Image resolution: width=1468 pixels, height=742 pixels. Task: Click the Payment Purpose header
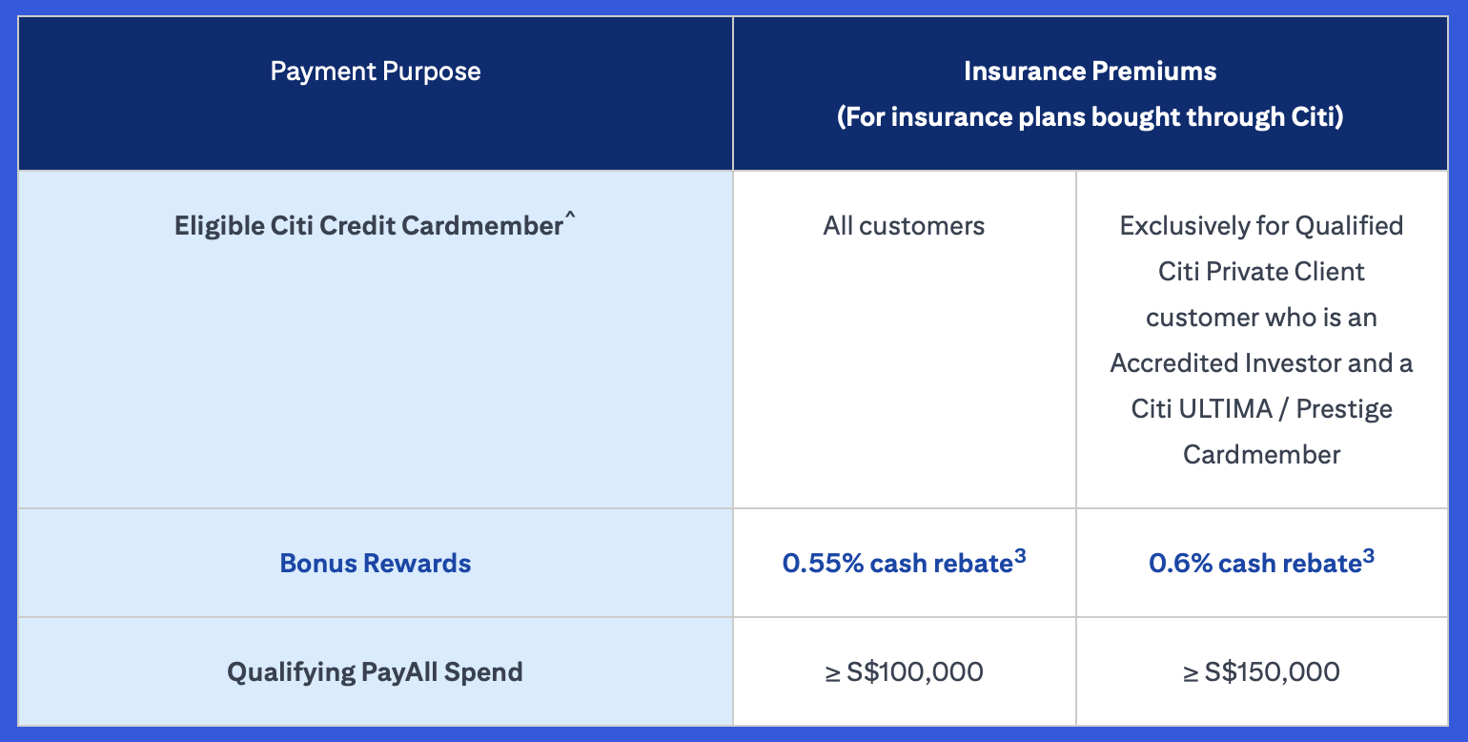[x=376, y=72]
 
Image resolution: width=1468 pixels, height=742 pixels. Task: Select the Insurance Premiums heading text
[x=1090, y=72]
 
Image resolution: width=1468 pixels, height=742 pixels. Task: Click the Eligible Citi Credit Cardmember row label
[x=375, y=225]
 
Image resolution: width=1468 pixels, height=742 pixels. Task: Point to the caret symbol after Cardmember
[x=569, y=215]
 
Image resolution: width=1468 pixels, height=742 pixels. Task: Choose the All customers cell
[x=904, y=226]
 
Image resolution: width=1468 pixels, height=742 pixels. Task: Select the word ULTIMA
[x=1225, y=409]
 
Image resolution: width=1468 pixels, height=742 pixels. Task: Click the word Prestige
[x=1344, y=410]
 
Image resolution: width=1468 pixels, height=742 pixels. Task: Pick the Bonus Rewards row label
[x=376, y=564]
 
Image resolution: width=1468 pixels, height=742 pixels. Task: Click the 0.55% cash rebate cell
[x=904, y=562]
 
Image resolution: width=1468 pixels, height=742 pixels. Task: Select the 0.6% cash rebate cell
[x=1261, y=562]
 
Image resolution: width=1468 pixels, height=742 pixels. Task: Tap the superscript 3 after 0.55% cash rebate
[x=1020, y=557]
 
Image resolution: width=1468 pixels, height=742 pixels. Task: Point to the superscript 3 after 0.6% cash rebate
[x=1369, y=557]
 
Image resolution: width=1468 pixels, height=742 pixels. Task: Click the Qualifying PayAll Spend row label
[x=375, y=672]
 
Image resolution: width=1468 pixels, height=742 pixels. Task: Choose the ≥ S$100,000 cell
[x=904, y=671]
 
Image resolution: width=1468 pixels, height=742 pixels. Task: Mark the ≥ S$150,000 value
[x=1261, y=671]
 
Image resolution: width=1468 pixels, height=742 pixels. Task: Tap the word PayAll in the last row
[x=398, y=672]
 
